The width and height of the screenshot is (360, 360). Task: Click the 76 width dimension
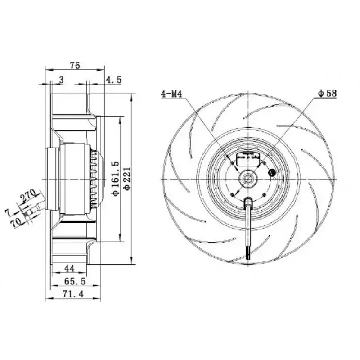[x=75, y=65]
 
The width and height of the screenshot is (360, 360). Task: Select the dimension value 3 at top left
[x=61, y=80]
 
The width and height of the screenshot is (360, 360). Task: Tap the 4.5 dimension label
[x=113, y=80]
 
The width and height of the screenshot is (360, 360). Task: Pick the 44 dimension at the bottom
[x=69, y=269]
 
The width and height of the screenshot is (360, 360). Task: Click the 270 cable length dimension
[x=28, y=197]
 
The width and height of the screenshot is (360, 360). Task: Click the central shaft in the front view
[x=247, y=179]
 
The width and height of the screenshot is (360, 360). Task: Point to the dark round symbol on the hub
[x=272, y=171]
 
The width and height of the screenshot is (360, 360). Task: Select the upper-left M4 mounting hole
[x=232, y=162]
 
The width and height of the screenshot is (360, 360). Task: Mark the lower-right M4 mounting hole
[x=263, y=194]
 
